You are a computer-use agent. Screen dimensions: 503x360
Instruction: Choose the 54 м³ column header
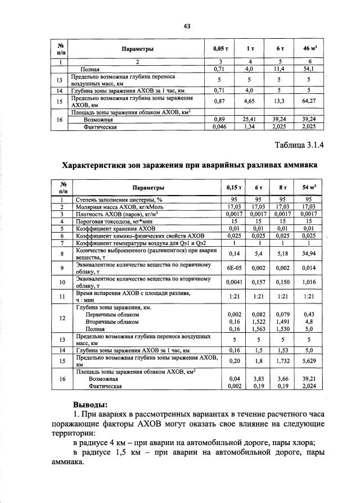[309, 187]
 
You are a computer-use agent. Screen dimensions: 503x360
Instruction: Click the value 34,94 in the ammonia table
[309, 254]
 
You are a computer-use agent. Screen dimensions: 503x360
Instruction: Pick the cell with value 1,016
[309, 282]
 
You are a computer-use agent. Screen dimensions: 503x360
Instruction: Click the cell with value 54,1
[308, 69]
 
